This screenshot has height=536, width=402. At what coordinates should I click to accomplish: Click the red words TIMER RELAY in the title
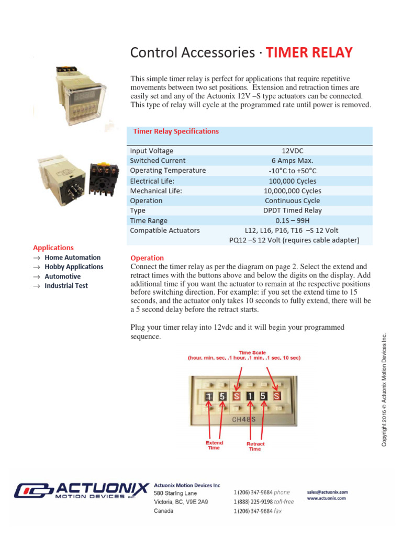click(309, 53)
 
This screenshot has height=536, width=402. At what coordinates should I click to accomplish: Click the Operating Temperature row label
click(167, 171)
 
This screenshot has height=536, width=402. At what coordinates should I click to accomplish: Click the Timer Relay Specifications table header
click(176, 131)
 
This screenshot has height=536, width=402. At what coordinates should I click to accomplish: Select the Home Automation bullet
click(72, 258)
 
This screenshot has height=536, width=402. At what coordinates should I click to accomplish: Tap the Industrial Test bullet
click(66, 286)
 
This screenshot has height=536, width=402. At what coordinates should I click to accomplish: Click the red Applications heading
click(53, 248)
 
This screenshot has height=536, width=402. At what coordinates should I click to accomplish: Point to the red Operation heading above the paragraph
click(147, 258)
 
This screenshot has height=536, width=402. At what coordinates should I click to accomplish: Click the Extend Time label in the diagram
click(214, 445)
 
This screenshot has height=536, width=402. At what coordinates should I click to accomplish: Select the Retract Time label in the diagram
click(255, 446)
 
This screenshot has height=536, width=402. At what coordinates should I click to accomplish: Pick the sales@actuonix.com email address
click(327, 492)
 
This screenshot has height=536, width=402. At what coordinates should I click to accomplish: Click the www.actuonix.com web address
click(326, 498)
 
